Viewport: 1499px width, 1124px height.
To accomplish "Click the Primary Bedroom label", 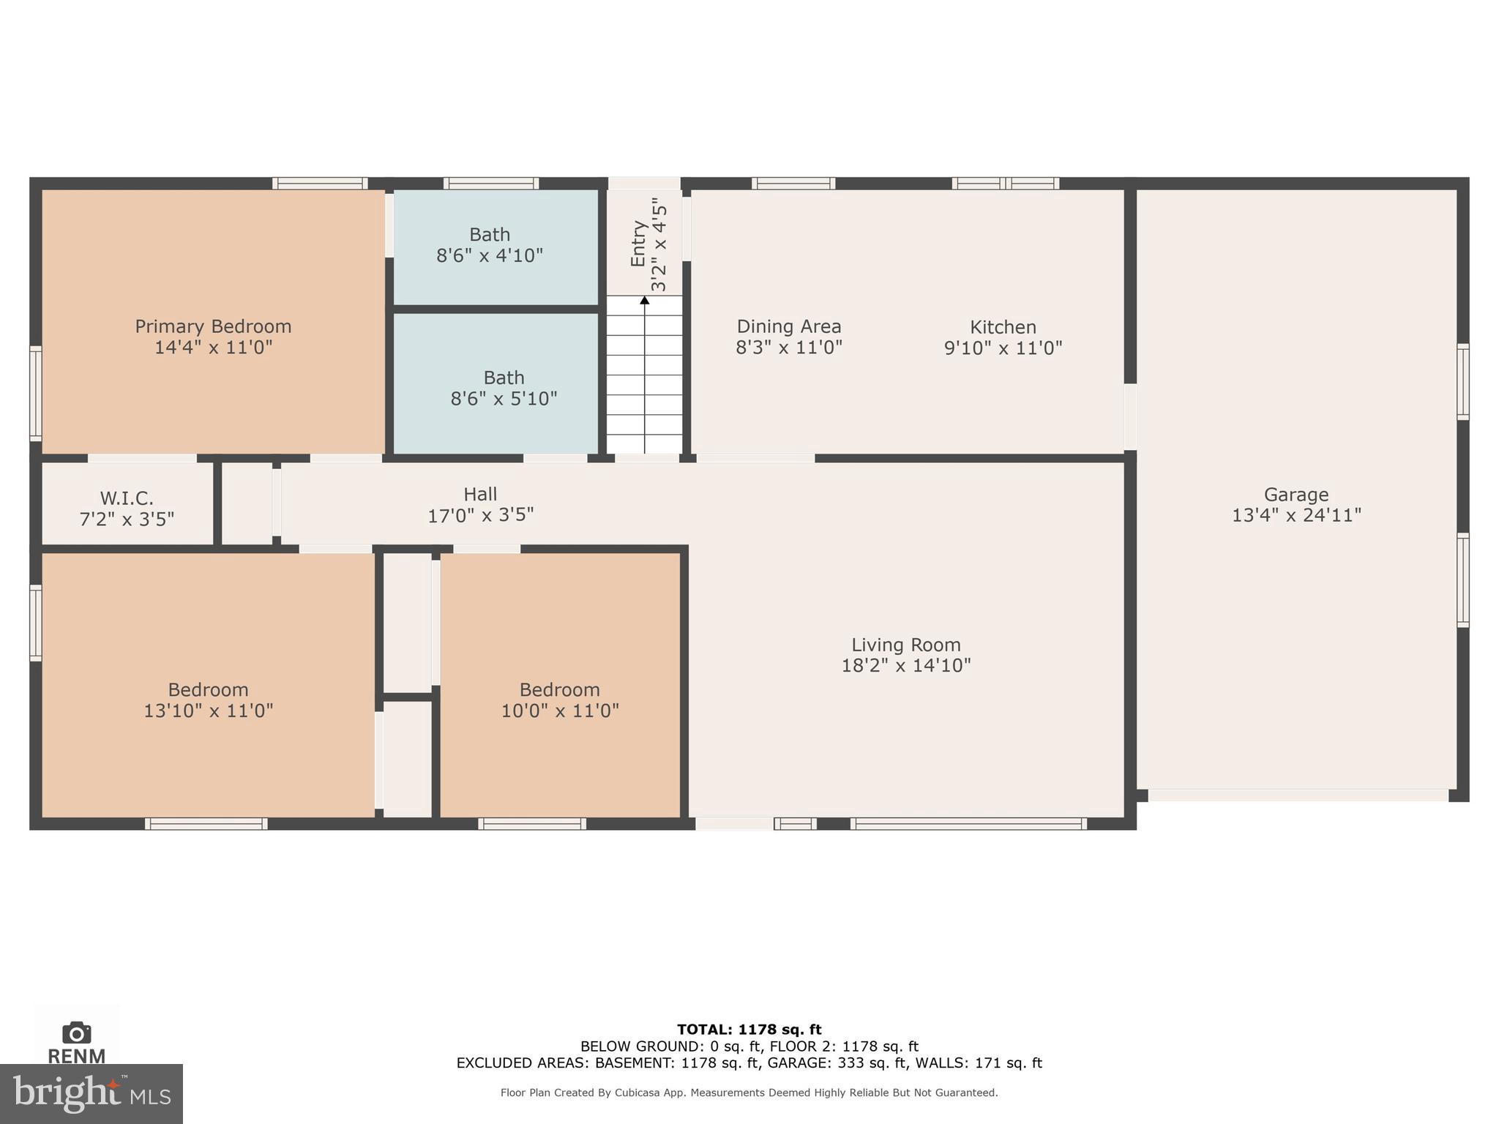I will pos(213,326).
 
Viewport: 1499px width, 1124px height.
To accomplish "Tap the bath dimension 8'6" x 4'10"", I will pos(490,256).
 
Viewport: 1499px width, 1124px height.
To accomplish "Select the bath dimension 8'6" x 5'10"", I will pos(504,399).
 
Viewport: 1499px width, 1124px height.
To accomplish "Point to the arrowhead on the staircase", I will pos(645,300).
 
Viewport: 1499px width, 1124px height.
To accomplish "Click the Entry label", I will pos(638,244).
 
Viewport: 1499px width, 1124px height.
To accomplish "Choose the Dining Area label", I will pos(788,326).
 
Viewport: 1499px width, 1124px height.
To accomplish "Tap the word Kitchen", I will pos(1003,327).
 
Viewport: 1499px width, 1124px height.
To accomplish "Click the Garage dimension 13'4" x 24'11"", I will pos(1296,515).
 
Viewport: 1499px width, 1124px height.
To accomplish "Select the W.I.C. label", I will pos(127,498).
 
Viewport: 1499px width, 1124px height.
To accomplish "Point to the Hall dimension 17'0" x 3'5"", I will pos(480,515).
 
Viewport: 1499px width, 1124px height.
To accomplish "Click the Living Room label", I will pos(905,645).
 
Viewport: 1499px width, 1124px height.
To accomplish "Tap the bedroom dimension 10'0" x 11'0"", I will pos(560,711).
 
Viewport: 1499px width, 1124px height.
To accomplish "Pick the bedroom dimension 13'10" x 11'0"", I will pos(209,711).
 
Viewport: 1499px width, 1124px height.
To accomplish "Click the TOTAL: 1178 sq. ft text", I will pos(749,1030).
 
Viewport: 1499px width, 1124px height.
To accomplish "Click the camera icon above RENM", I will pos(77,1033).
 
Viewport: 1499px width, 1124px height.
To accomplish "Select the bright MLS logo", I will pos(91,1093).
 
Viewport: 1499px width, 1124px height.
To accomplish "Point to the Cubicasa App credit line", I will pos(749,1093).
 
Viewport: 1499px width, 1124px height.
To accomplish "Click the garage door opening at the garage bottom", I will pos(1298,795).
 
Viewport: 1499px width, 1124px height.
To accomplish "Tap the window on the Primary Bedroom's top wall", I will pos(320,183).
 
